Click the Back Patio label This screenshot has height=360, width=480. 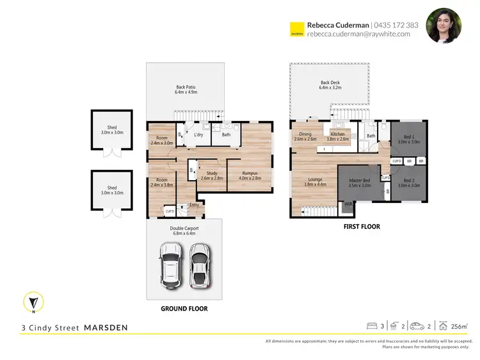point(186,90)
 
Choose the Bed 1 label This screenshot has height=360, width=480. point(408,139)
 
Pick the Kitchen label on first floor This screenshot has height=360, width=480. point(337,136)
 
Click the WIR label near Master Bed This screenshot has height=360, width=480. point(348,204)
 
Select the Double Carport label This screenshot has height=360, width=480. point(184,231)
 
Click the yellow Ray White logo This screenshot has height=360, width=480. point(296,29)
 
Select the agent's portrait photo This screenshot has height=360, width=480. point(444,26)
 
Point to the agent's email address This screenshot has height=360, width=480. point(362,35)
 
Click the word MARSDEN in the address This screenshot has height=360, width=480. point(106,328)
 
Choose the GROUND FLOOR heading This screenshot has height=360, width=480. point(184,309)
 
